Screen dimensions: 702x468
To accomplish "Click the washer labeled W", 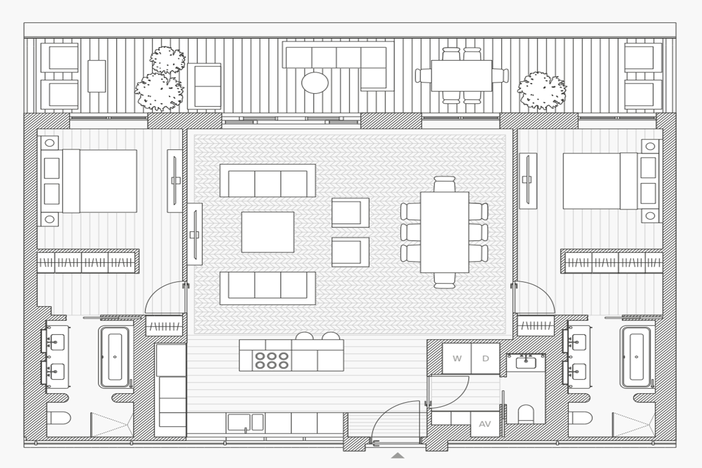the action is tap(457, 358).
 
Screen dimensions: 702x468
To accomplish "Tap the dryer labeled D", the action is tap(485, 358).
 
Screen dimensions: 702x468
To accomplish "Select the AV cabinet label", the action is tap(485, 424).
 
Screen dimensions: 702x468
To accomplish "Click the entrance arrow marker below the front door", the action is tap(397, 455).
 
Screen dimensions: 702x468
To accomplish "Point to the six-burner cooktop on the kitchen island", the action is tap(271, 360).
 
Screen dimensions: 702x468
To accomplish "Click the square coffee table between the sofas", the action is tap(268, 232).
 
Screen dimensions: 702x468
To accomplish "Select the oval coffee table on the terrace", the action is tap(315, 83).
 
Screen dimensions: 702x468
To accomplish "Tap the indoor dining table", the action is tap(445, 232).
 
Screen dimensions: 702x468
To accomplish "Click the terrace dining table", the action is tap(461, 75).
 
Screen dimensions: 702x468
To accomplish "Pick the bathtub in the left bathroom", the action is tap(114, 357).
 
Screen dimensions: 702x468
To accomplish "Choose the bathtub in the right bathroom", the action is tap(636, 357).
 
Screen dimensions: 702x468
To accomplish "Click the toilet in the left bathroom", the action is tap(58, 418).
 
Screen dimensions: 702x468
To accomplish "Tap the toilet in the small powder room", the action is tap(526, 414).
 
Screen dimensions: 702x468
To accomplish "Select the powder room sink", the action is tap(526, 363).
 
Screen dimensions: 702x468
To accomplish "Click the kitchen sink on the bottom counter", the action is tap(245, 422).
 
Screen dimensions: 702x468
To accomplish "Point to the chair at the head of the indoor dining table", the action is tap(445, 184).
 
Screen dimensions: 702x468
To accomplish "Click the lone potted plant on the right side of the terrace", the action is tap(541, 91).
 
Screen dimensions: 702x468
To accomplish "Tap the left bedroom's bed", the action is tap(89, 181).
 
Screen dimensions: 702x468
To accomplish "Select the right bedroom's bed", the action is tap(611, 181).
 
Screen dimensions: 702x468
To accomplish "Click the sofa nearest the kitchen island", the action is tap(268, 288).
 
